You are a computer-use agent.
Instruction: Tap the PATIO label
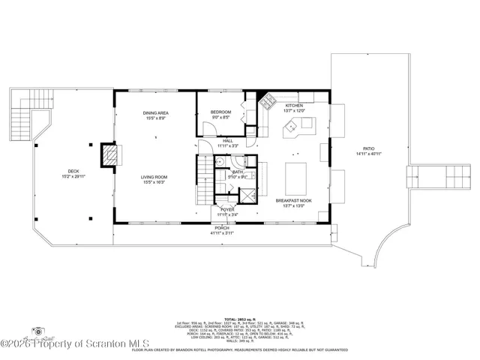pyautogui.click(x=367, y=152)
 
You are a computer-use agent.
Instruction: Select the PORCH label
pyautogui.click(x=222, y=230)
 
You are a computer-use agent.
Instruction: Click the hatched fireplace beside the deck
pyautogui.click(x=110, y=156)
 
